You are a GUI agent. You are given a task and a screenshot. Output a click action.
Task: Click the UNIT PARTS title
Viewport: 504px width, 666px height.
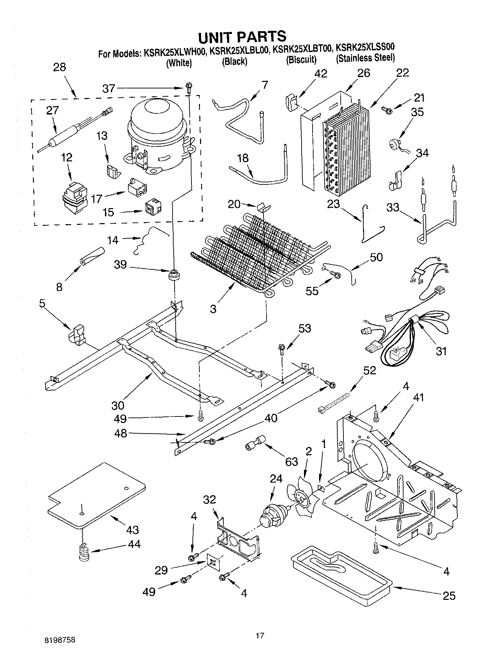pyautogui.click(x=242, y=36)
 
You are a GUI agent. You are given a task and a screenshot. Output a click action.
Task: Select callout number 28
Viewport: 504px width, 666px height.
pyautogui.click(x=59, y=67)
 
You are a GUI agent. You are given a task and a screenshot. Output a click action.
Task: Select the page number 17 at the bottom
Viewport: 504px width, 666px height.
pyautogui.click(x=260, y=636)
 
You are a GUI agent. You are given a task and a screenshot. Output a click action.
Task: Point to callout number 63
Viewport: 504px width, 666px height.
pyautogui.click(x=291, y=462)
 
